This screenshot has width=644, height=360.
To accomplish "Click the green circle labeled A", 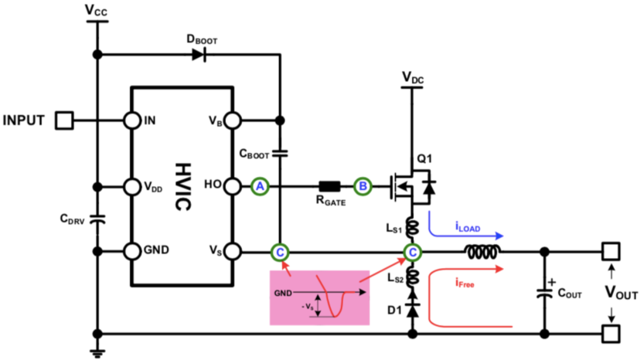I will (261, 186).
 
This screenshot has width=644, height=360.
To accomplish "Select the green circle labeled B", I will (362, 186).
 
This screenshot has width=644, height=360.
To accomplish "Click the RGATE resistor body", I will (329, 186).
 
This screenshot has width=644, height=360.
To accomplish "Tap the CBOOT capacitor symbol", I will (280, 154).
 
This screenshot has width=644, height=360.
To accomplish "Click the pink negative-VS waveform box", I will (319, 297).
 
